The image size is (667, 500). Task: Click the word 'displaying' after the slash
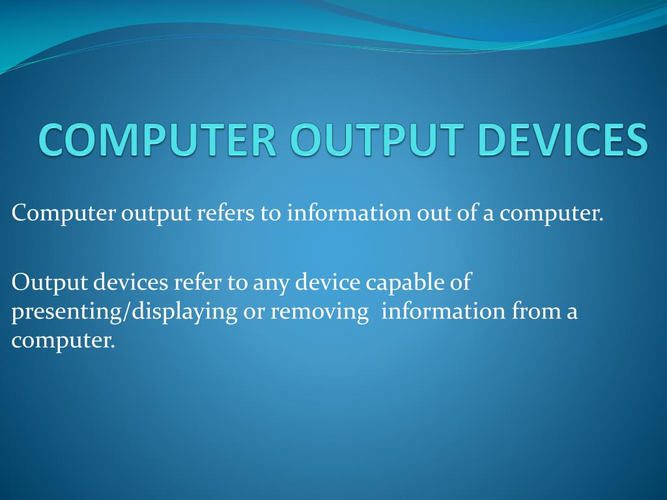point(184,312)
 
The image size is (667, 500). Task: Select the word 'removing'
point(319,312)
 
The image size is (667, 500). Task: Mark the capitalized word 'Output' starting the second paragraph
point(50,283)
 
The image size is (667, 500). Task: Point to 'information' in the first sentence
point(349,213)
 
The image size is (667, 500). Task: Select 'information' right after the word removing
point(444,312)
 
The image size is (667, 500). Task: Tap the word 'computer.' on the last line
point(63,340)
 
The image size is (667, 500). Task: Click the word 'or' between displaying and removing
point(253,312)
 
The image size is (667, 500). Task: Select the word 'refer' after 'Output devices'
point(198,283)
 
